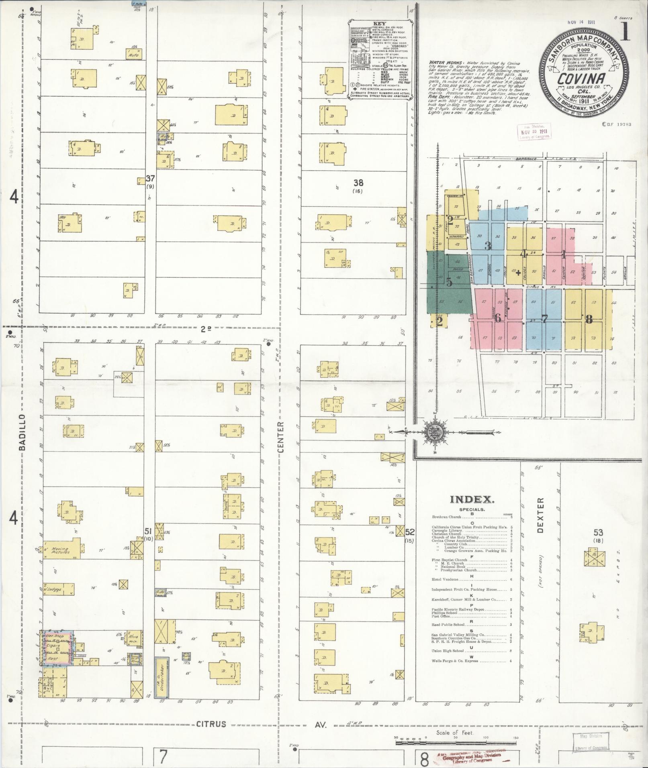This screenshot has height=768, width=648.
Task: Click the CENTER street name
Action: pos(281,437)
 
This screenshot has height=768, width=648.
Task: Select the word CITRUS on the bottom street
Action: pos(211,725)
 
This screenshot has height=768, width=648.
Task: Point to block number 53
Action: pos(598,532)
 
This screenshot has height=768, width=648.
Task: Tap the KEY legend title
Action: pos(379,24)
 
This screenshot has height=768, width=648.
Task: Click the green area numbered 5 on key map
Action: pos(449,282)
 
